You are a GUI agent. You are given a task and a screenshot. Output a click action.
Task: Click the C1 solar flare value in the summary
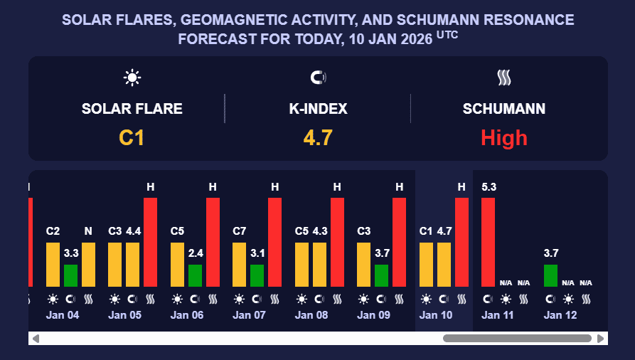pyautogui.click(x=132, y=137)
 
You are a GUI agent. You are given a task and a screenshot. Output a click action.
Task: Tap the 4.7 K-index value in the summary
pyautogui.click(x=318, y=137)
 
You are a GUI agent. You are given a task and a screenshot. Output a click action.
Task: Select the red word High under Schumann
pyautogui.click(x=504, y=137)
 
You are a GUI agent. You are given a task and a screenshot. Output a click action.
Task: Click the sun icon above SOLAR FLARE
pyautogui.click(x=132, y=78)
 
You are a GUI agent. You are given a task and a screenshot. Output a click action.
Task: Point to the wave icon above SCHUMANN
pyautogui.click(x=504, y=78)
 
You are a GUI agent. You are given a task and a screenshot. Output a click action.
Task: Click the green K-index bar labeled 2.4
pyautogui.click(x=195, y=275)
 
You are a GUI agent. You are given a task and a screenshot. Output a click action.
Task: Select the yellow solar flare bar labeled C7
pyautogui.click(x=240, y=264)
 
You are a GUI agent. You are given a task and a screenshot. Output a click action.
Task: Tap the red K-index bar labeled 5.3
pyautogui.click(x=489, y=242)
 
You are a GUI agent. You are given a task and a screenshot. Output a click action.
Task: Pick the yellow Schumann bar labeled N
pyautogui.click(x=88, y=264)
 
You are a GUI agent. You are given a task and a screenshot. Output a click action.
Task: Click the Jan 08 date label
pyautogui.click(x=311, y=315)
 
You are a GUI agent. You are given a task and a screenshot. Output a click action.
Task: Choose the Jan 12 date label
pyautogui.click(x=560, y=315)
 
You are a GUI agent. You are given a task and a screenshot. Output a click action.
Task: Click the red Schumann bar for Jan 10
pyautogui.click(x=461, y=242)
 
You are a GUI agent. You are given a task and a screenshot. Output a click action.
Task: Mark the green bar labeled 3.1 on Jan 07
pyautogui.click(x=257, y=275)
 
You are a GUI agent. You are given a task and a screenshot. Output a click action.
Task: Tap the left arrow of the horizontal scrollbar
pyautogui.click(x=36, y=339)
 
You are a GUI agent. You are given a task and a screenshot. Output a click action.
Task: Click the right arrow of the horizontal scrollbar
pyautogui.click(x=601, y=339)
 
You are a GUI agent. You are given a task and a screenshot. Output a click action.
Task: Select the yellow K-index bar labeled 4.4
pyautogui.click(x=133, y=264)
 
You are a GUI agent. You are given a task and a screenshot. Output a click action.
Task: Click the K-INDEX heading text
pyautogui.click(x=318, y=109)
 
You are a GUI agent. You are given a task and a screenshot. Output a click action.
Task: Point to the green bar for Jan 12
pyautogui.click(x=550, y=275)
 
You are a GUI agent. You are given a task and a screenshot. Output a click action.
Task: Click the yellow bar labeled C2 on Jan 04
pyautogui.click(x=53, y=264)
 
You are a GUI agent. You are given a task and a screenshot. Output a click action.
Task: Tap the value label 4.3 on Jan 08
pyautogui.click(x=319, y=231)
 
